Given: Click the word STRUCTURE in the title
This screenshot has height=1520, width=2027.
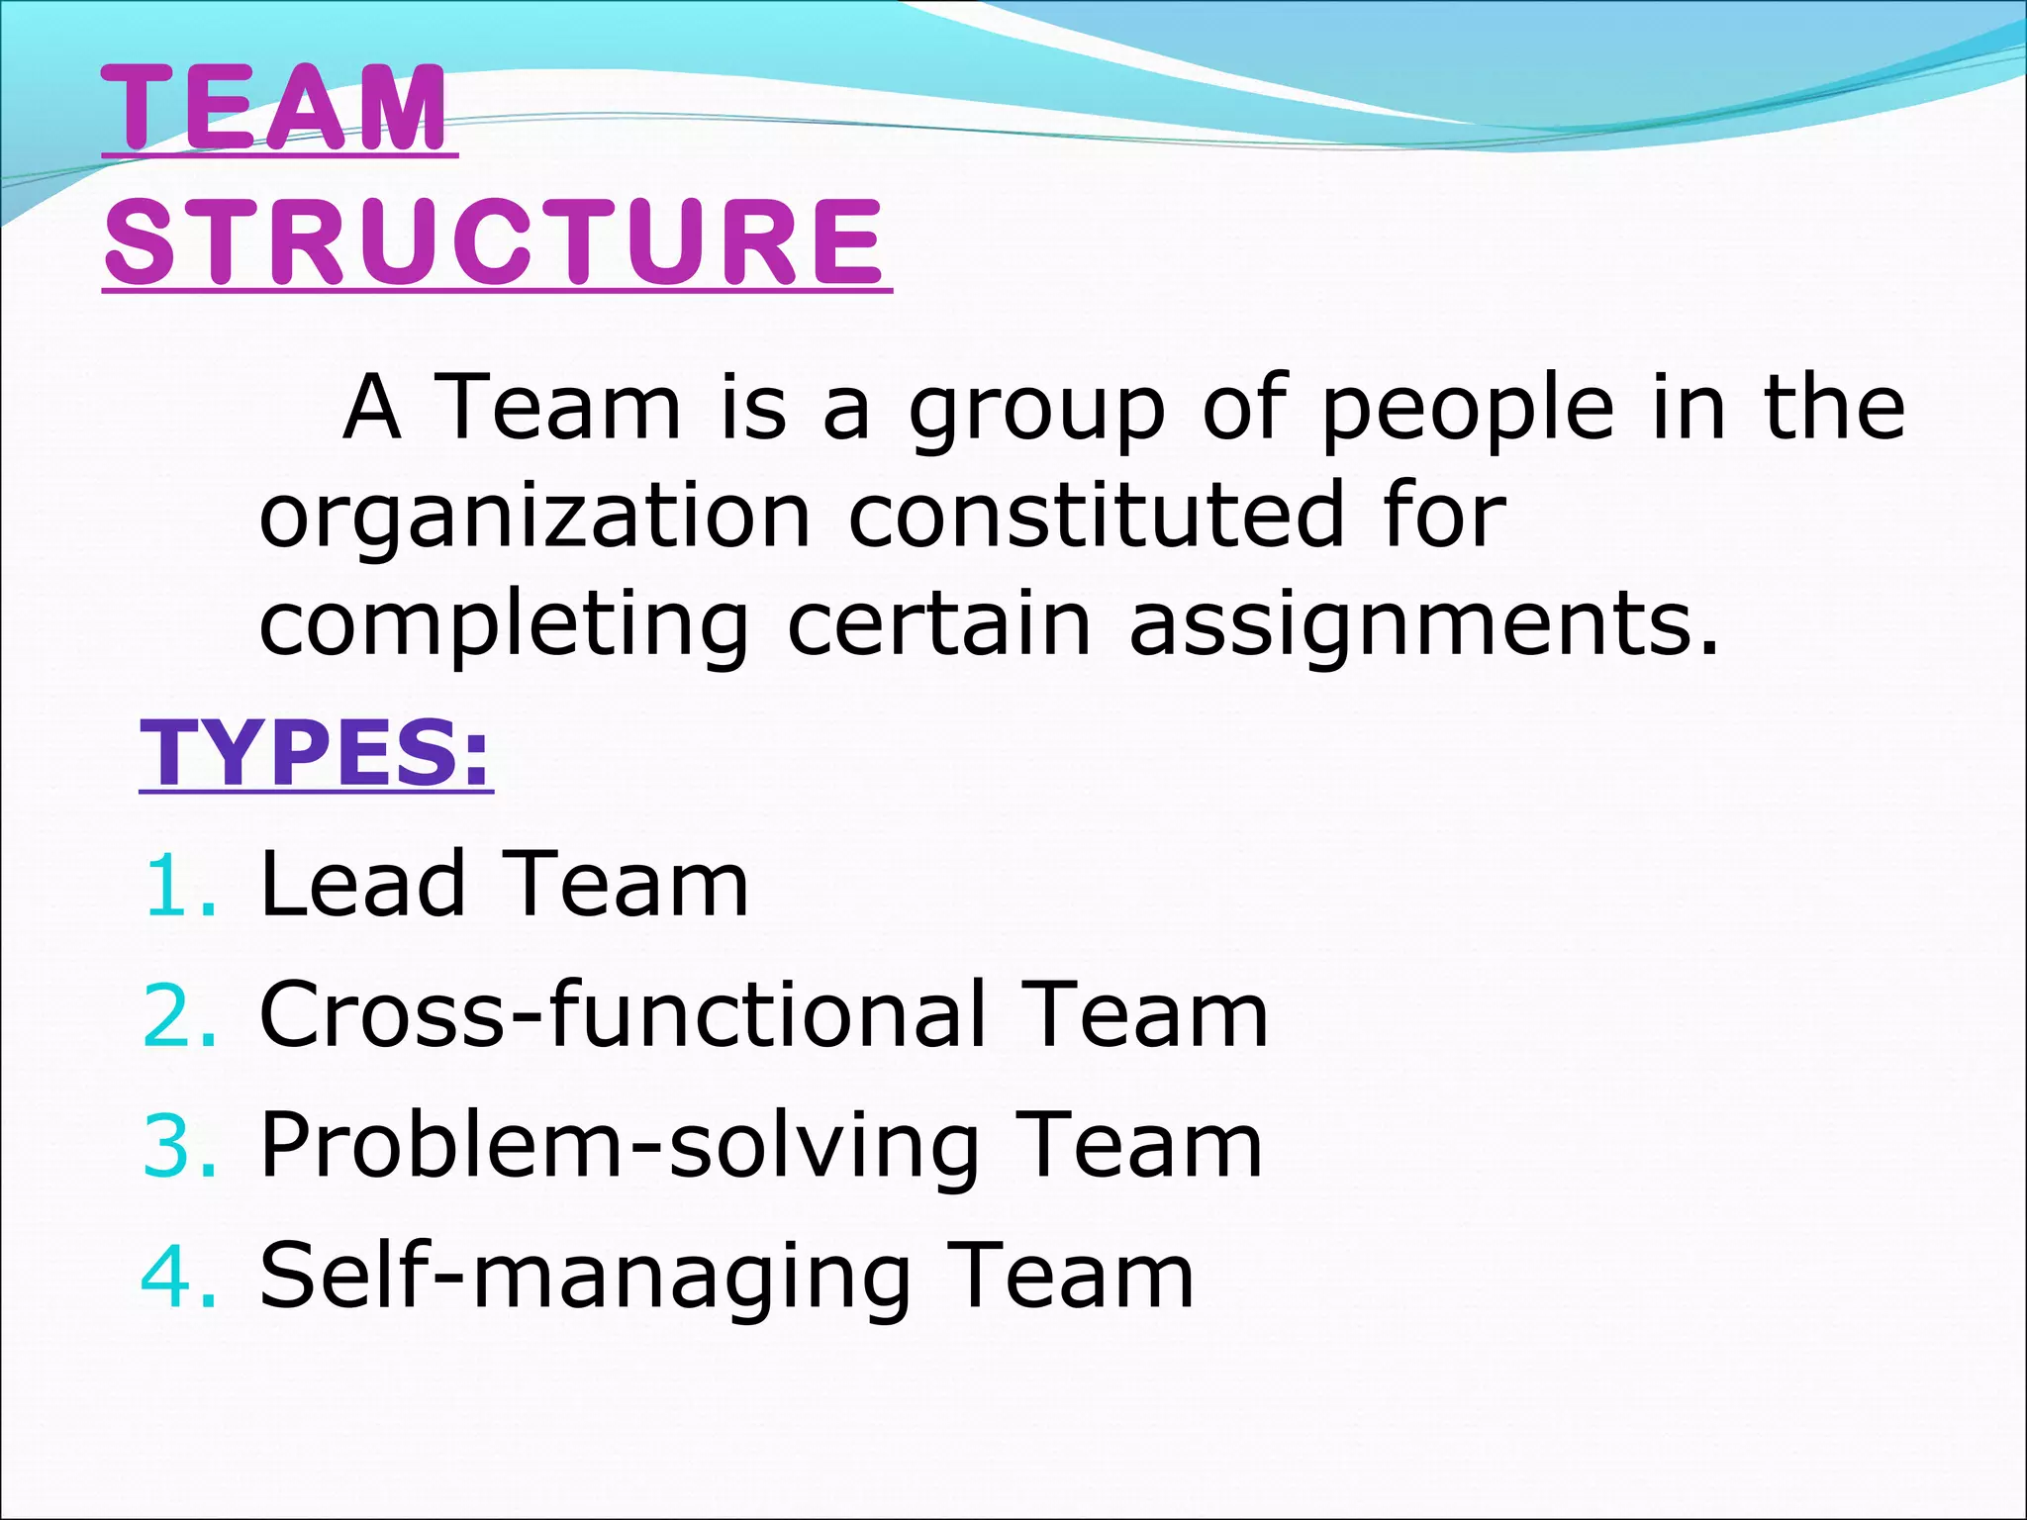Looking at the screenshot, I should click(x=495, y=242).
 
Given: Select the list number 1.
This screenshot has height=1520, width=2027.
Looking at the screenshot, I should click(x=178, y=885).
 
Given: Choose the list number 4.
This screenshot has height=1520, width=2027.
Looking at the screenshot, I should click(x=178, y=1277).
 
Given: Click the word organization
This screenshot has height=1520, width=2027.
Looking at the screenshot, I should click(x=534, y=517).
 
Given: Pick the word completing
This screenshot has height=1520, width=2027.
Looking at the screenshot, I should click(x=504, y=627).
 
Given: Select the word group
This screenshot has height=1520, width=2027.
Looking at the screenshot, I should click(x=1037, y=410).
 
